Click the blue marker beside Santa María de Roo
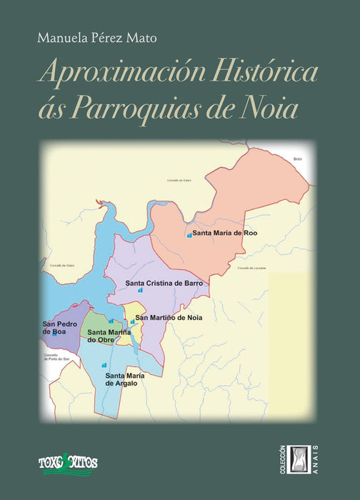coord(189,235)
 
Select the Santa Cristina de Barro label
coord(164,284)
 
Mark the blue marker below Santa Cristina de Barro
coord(140,291)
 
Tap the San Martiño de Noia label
coord(171,317)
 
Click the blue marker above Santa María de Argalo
coord(104,365)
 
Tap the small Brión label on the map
coord(299,159)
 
